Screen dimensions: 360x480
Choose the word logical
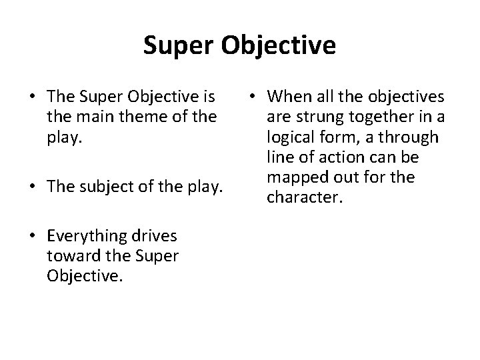pos(290,138)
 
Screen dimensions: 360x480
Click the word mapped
pos(297,178)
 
